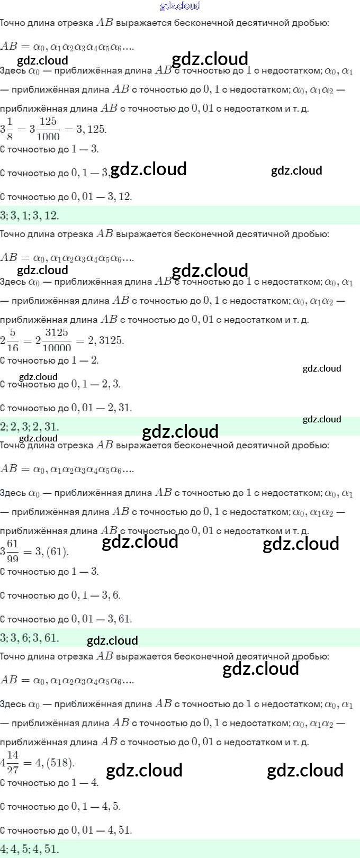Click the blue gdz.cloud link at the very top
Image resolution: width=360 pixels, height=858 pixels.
tap(180, 6)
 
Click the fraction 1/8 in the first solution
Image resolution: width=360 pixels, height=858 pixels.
tap(10, 129)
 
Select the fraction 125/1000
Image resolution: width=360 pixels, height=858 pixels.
tap(48, 129)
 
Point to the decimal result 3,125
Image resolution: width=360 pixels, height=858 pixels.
tap(92, 129)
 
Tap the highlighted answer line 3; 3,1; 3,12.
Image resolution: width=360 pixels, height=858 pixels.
tap(30, 215)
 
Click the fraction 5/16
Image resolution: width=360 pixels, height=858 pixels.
tap(12, 340)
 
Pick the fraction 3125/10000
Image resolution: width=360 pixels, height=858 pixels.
tap(56, 340)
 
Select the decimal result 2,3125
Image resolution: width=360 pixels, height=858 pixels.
tap(106, 340)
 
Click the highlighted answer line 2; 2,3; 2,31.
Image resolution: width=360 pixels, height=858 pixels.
tap(30, 427)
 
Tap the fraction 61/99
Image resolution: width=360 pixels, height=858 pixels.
tap(12, 552)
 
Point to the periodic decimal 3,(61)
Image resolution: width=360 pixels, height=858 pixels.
tap(52, 552)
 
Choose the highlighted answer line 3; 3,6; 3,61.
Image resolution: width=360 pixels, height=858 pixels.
tap(30, 638)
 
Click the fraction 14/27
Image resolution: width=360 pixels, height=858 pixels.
tap(13, 763)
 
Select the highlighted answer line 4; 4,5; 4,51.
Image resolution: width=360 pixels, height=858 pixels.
tap(30, 849)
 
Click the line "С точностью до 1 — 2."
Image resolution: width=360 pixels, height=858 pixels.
tap(49, 360)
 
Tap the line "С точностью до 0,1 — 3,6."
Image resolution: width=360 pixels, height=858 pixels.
tap(60, 595)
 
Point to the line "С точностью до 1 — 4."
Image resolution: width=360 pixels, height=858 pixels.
tap(49, 783)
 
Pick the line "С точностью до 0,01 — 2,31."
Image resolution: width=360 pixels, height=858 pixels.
tap(66, 408)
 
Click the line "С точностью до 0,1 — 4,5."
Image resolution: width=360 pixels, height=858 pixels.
tap(60, 807)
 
